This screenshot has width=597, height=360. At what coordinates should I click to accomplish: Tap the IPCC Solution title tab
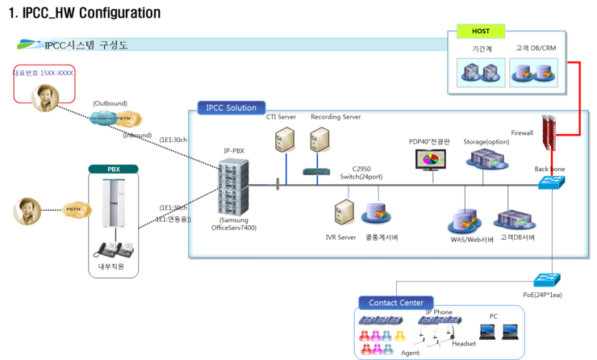point(230,107)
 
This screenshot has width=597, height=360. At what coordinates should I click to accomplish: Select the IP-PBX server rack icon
point(234,185)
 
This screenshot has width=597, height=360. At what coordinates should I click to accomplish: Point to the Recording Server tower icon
point(320,143)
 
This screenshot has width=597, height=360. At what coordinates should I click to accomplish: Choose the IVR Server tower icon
point(345,214)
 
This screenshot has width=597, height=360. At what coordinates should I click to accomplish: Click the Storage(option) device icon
point(486,159)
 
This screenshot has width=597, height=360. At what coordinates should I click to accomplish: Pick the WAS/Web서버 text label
point(473,238)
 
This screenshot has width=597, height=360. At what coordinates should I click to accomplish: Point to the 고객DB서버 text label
point(517,238)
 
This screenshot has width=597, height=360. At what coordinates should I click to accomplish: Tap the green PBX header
point(113,170)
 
